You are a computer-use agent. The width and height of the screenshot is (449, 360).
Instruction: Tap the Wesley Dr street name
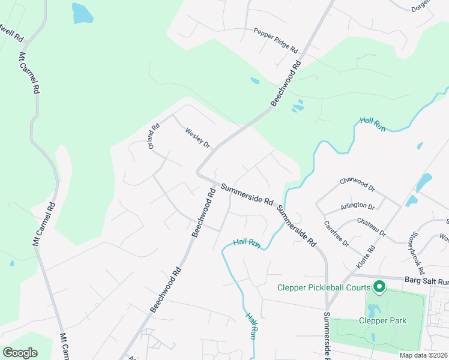198,137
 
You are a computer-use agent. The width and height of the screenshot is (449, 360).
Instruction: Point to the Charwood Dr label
357,184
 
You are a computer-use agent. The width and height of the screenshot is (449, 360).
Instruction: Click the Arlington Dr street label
358,206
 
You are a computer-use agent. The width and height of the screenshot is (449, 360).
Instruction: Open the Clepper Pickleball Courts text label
324,287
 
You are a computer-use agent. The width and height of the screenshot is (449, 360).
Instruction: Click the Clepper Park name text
382,320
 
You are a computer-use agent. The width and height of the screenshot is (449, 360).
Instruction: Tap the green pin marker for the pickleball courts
379,287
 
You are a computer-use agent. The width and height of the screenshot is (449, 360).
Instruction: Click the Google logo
20,353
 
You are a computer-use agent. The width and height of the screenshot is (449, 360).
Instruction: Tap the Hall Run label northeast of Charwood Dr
372,124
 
